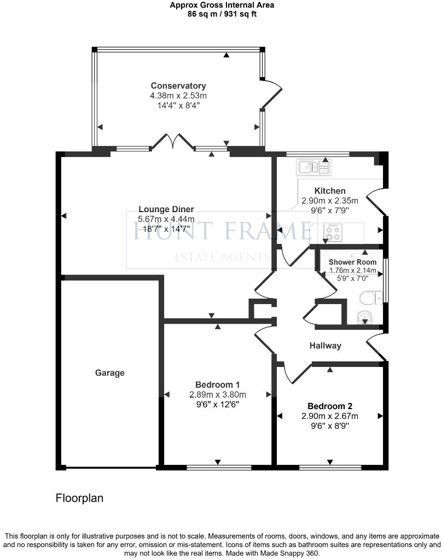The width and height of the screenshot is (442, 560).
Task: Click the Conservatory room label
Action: [x=178, y=86]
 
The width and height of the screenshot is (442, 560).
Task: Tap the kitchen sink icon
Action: [x=313, y=166]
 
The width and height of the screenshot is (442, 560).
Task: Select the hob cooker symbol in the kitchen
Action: [x=332, y=233]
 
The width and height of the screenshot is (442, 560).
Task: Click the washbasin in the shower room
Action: [x=364, y=317]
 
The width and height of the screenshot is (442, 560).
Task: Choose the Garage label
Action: [x=110, y=373]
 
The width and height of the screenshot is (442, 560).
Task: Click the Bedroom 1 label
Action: [x=218, y=384]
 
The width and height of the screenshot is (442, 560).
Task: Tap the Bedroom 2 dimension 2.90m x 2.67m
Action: [x=330, y=416]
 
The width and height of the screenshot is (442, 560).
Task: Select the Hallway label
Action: [x=325, y=346]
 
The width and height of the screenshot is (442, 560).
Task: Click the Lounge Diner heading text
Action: [x=166, y=209]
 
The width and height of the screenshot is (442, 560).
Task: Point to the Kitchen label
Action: [x=330, y=191]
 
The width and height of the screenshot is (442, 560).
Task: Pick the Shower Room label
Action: [x=353, y=262]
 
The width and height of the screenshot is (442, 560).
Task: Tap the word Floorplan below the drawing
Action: [x=79, y=499]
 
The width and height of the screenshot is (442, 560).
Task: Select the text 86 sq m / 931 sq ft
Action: [x=222, y=14]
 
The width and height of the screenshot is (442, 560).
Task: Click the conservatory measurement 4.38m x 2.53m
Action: [x=178, y=96]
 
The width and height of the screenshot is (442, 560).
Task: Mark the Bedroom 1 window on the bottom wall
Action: [x=219, y=468]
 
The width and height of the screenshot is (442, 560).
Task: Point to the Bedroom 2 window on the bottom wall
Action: [x=330, y=468]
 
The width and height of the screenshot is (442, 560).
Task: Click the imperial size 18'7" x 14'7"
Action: [x=166, y=230]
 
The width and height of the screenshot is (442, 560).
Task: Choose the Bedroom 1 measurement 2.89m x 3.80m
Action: [x=218, y=395]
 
